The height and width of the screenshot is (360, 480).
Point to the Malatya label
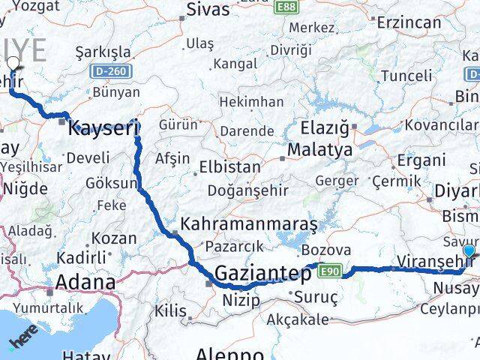[x=324, y=150]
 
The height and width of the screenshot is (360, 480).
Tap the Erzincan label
[x=409, y=22]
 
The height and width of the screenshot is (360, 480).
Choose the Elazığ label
[x=325, y=127]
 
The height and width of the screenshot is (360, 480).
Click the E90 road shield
[x=331, y=271]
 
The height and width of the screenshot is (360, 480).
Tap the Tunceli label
[x=406, y=76]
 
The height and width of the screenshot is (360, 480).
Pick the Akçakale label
[x=298, y=319]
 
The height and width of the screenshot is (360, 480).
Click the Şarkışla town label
[x=103, y=52]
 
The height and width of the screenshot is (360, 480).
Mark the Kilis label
[x=170, y=310]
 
